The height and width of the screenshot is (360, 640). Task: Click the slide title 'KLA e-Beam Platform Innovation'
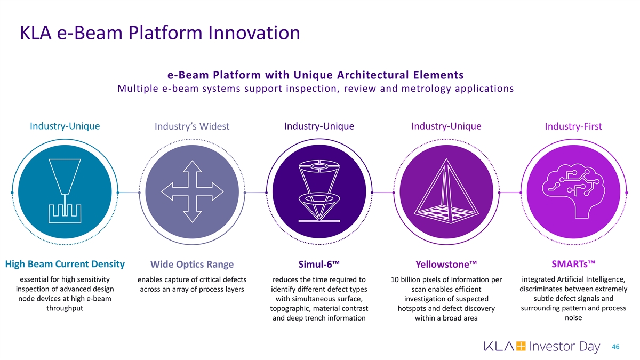tap(160, 33)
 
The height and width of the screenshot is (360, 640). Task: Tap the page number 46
tap(615, 347)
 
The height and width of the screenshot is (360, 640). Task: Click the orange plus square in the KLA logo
tap(521, 346)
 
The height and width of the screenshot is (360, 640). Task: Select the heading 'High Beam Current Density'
tap(65, 264)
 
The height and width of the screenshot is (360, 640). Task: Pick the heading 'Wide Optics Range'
tap(192, 265)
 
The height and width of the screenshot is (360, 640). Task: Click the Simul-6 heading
tap(319, 265)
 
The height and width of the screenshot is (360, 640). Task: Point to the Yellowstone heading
tap(446, 265)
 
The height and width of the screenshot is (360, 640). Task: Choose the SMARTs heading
tap(573, 263)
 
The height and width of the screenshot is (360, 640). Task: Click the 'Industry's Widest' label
tap(192, 126)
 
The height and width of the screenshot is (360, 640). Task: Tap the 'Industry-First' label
tap(573, 126)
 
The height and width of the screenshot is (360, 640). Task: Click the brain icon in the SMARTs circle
tap(573, 191)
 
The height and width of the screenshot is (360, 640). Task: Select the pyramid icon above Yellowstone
tap(446, 191)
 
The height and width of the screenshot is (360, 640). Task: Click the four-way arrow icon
tap(192, 191)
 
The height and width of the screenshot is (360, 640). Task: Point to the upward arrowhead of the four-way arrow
tap(193, 166)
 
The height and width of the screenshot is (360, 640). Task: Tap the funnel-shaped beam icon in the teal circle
tap(65, 191)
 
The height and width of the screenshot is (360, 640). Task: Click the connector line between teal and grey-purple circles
tap(129, 193)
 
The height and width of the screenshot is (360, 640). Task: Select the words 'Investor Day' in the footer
tap(565, 346)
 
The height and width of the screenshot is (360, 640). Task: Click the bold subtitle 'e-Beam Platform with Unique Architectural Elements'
tap(315, 75)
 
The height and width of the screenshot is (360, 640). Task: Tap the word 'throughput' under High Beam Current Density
tap(65, 308)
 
